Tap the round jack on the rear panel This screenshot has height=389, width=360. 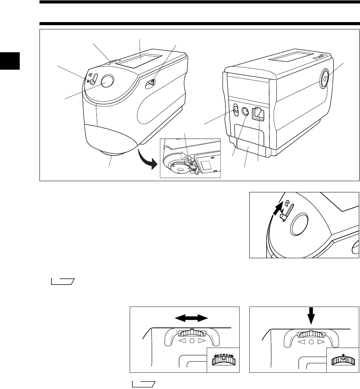coord(245,112)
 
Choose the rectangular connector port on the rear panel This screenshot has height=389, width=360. coord(258,115)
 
